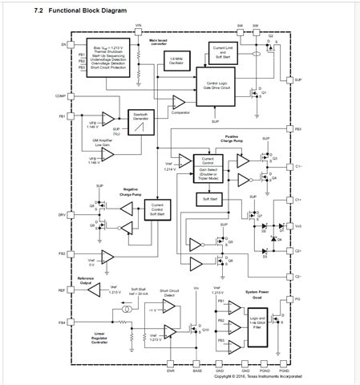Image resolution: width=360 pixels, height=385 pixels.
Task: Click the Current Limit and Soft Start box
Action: point(221,52)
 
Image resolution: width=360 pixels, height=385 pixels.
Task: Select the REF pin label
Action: point(61,291)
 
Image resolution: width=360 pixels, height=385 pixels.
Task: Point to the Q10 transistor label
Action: point(204,330)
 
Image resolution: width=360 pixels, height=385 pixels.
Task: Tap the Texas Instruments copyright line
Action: point(258,376)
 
